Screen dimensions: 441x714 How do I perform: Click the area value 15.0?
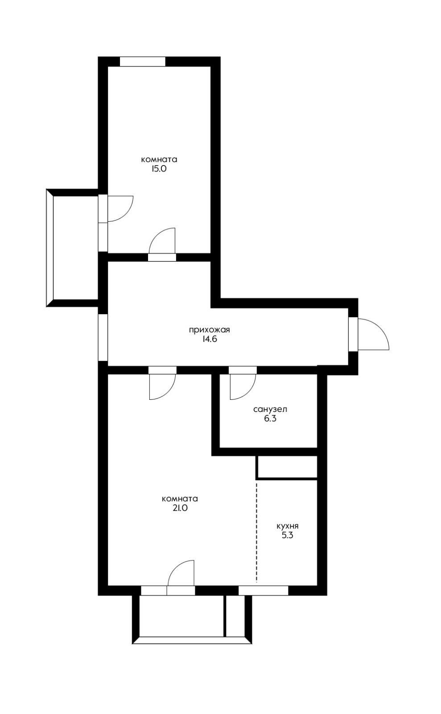click(x=159, y=169)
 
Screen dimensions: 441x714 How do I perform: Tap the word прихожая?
click(x=209, y=330)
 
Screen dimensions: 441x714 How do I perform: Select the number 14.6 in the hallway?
click(x=209, y=339)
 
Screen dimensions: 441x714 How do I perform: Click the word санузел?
click(x=270, y=409)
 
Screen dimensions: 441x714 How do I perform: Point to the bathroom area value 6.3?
click(x=270, y=419)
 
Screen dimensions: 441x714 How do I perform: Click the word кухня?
click(x=287, y=526)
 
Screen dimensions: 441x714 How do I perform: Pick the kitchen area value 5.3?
click(x=287, y=535)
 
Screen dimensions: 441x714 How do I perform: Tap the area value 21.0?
click(x=180, y=508)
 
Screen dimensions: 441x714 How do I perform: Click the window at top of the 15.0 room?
click(x=143, y=62)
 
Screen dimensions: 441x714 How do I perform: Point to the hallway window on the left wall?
click(x=103, y=337)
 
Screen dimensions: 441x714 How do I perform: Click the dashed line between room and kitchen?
click(x=257, y=533)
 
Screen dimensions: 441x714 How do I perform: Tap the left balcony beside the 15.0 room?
click(x=72, y=248)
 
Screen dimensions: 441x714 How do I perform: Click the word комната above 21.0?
click(x=180, y=499)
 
